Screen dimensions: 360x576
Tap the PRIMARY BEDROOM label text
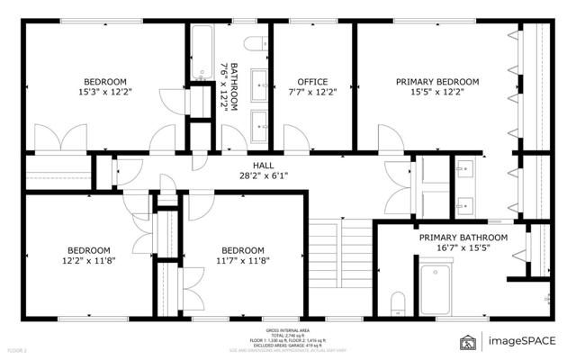coord(437,82)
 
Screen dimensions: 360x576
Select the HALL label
coord(263,165)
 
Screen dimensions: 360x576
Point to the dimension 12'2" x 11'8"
coord(88,261)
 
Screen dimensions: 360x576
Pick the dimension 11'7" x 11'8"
coord(242,261)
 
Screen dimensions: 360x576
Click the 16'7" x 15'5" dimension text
coord(463,248)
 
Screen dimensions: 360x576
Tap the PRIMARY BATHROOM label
coord(463,238)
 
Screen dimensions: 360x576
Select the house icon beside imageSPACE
coord(468,341)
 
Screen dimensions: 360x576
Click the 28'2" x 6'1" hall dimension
coord(263,175)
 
